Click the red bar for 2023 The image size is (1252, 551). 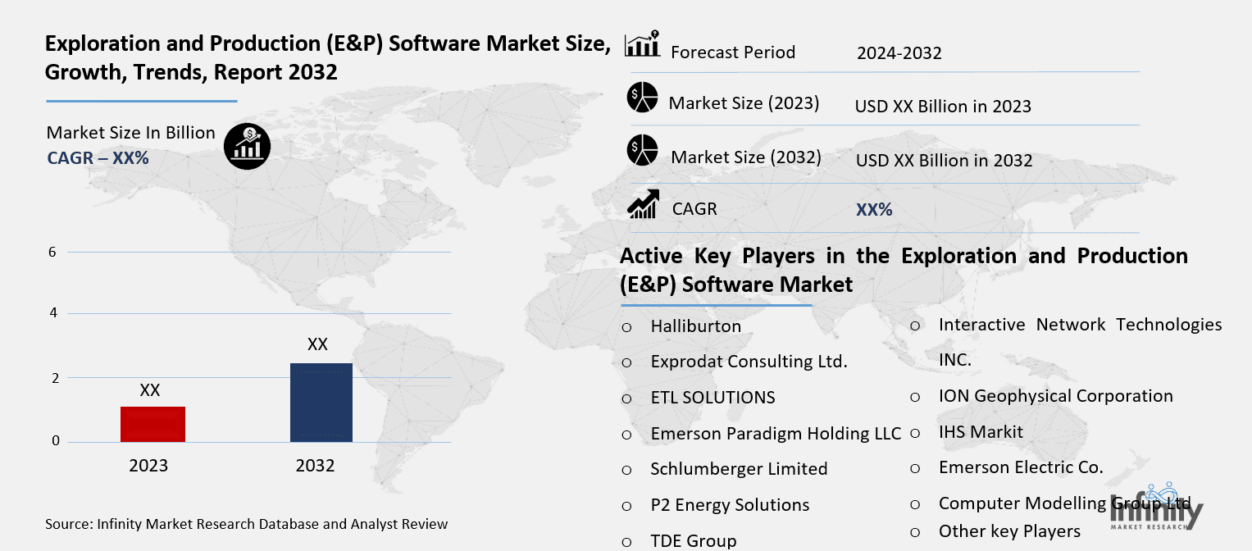pos(153,424)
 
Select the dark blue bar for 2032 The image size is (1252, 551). pos(321,403)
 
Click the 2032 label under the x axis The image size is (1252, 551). pos(315,466)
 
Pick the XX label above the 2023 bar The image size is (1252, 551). pos(149,390)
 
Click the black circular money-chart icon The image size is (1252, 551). pos(247,147)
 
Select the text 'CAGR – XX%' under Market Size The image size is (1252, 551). pos(98,158)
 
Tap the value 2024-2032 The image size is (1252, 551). pos(899,53)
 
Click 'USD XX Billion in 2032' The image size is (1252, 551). pos(944,161)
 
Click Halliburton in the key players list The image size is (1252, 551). pos(695,326)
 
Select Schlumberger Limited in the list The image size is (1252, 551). pos(739,469)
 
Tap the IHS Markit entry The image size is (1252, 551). pos(981,431)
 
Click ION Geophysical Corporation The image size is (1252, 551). pos(1055,396)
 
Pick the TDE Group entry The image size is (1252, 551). pos(693,540)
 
